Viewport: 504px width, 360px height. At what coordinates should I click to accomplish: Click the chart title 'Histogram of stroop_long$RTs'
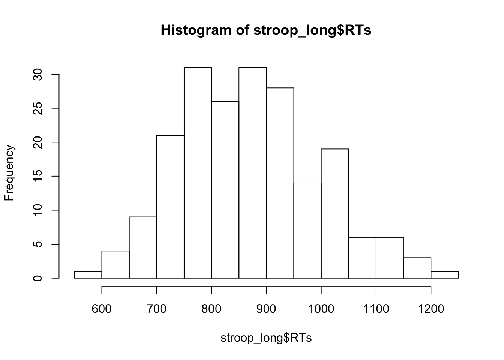[266, 30]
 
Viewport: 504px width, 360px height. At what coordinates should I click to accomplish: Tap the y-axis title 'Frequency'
[9, 173]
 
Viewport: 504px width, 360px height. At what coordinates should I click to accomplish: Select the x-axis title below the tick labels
[266, 338]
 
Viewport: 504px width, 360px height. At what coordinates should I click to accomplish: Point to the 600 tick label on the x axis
[102, 309]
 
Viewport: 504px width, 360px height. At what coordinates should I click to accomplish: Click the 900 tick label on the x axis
[266, 309]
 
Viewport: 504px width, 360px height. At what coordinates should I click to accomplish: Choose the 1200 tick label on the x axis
[431, 309]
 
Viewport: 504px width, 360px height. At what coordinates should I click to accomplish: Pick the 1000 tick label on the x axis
[321, 309]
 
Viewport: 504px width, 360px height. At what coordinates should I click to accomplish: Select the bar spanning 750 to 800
[198, 172]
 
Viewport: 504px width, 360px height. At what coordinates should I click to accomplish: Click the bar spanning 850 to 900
[253, 172]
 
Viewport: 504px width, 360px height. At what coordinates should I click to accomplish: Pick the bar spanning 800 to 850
[225, 189]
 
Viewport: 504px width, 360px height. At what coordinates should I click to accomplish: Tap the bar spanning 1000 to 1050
[335, 213]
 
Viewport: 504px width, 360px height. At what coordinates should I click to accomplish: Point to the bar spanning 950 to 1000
[307, 230]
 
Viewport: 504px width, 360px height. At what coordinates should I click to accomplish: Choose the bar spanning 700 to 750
[170, 207]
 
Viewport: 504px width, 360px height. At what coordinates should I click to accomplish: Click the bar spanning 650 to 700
[143, 247]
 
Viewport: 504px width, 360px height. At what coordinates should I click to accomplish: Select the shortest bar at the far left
[88, 274]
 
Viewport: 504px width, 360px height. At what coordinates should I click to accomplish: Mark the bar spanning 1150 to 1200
[417, 268]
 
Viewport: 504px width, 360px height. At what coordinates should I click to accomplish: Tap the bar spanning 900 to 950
[280, 183]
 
